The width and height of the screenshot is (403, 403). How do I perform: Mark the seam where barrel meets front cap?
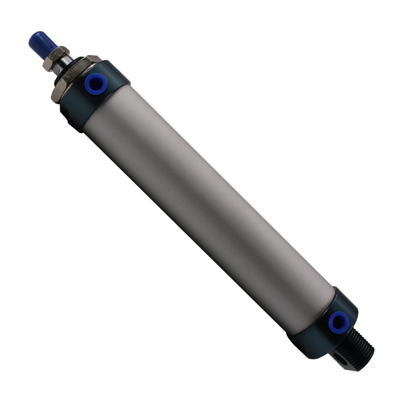click(x=107, y=107)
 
